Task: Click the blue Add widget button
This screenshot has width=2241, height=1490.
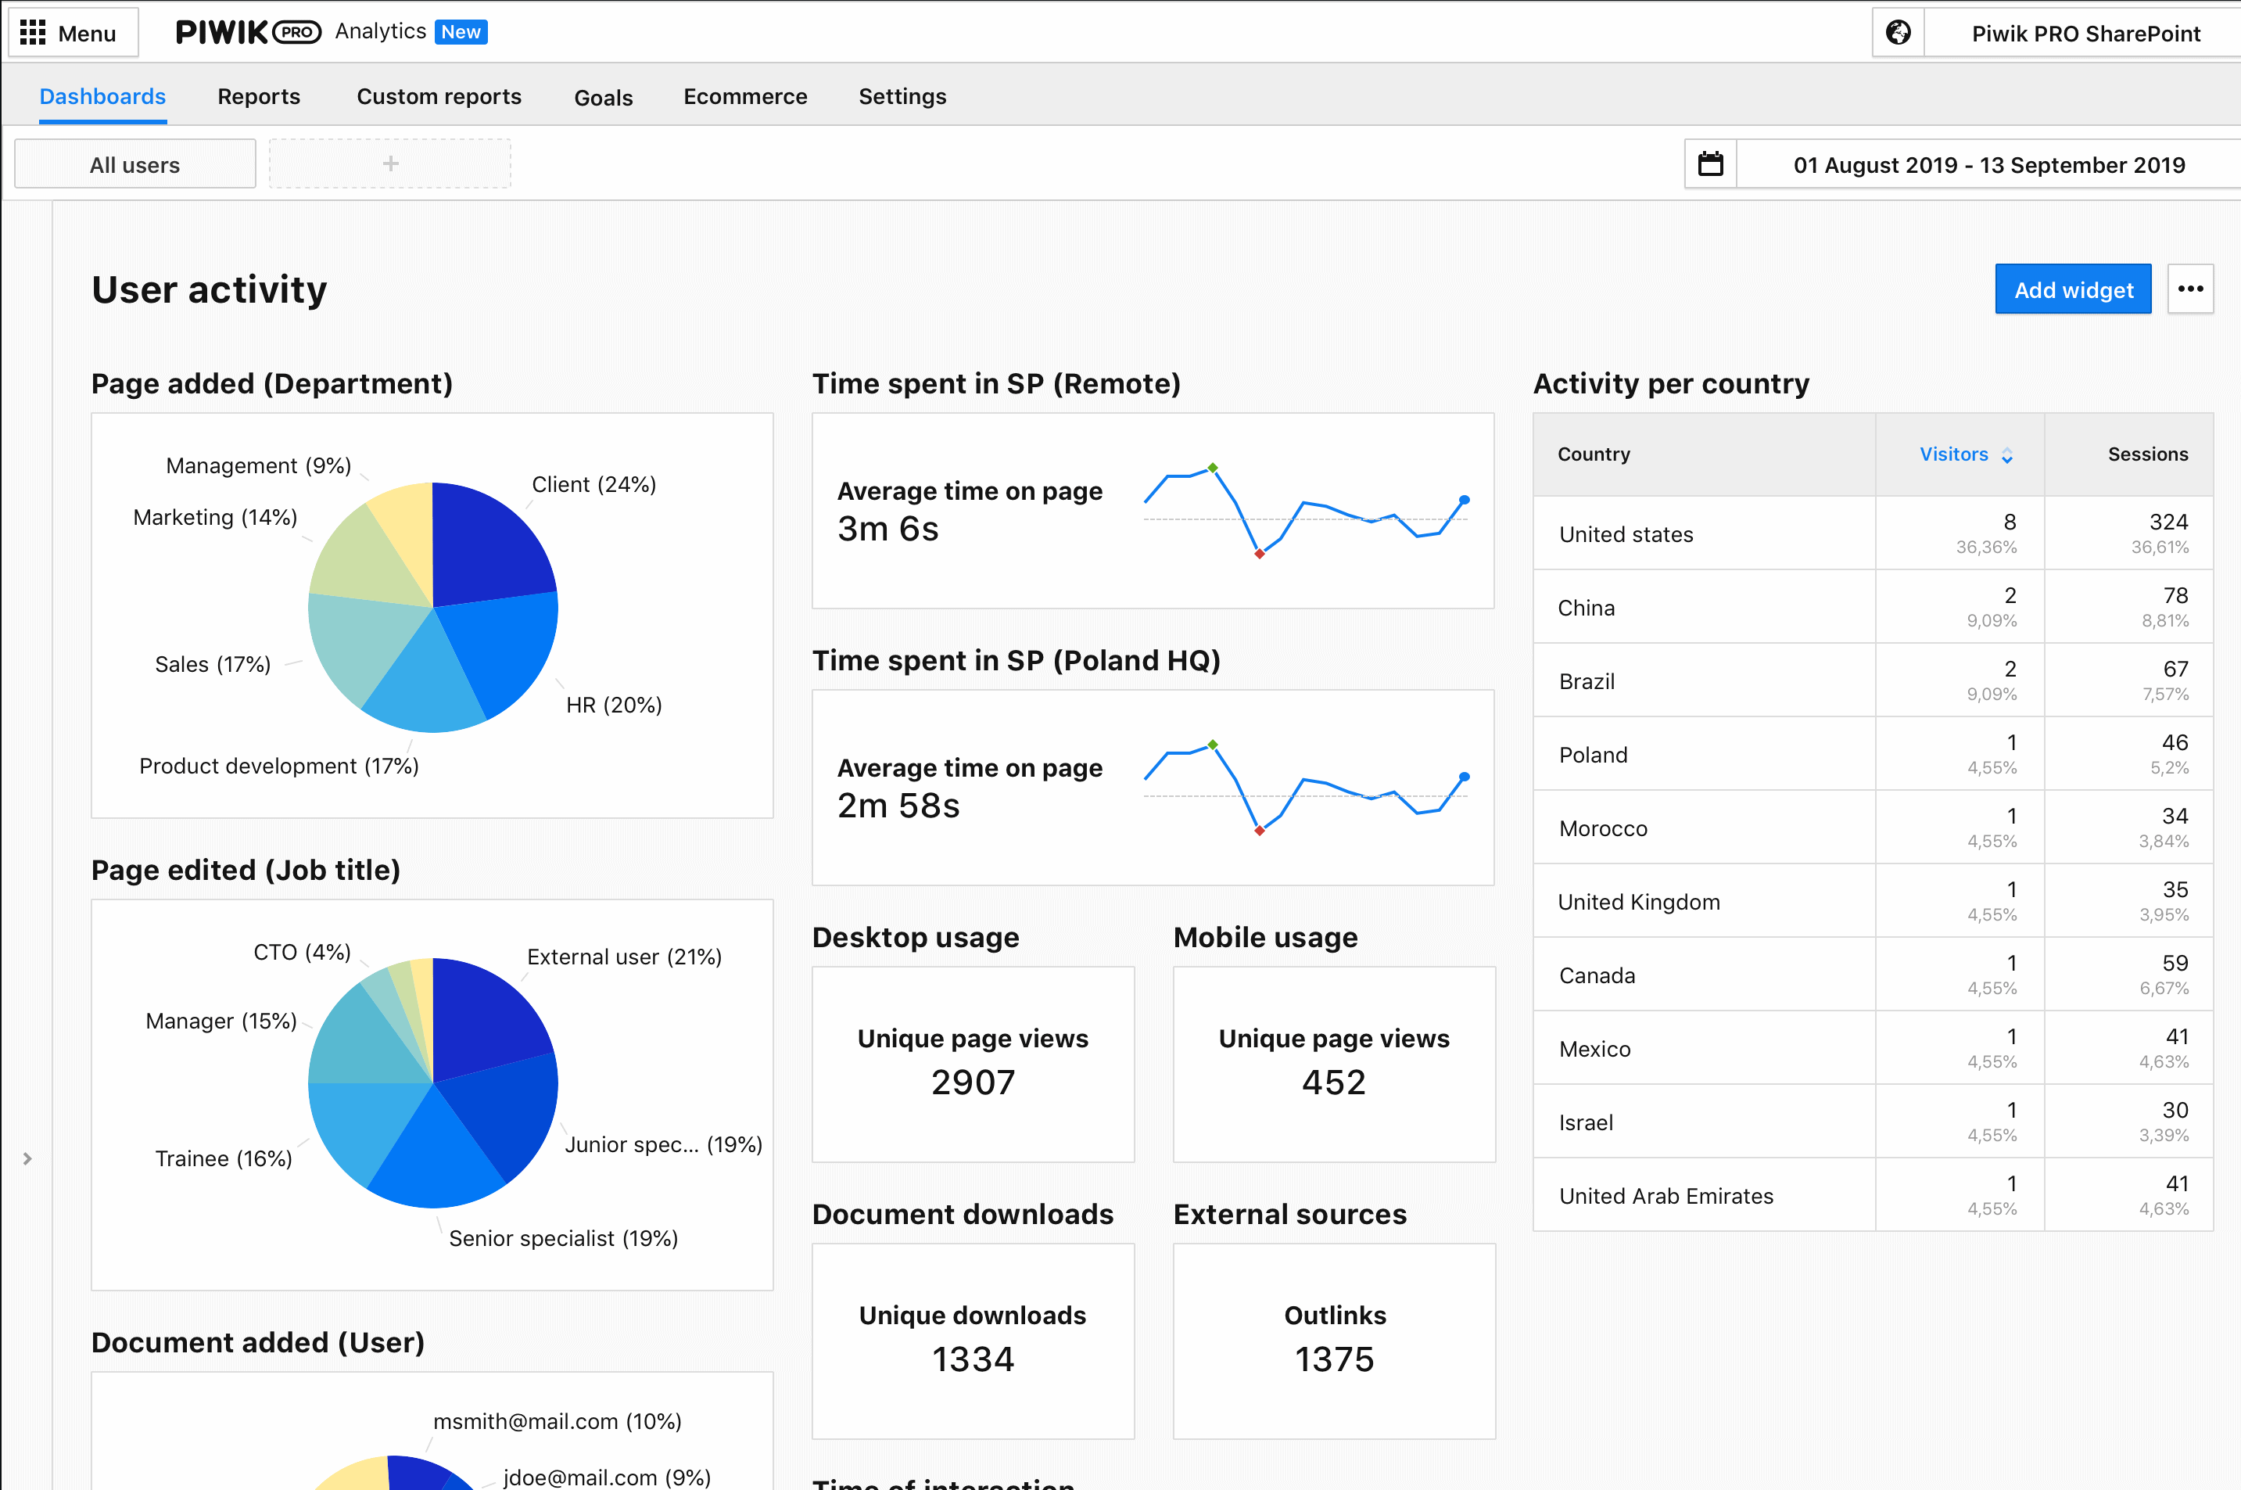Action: pyautogui.click(x=2072, y=290)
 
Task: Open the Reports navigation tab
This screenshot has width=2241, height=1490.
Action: pyautogui.click(x=258, y=97)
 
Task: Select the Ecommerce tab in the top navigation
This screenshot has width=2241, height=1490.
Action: pyautogui.click(x=744, y=97)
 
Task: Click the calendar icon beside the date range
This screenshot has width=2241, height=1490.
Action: pyautogui.click(x=1710, y=164)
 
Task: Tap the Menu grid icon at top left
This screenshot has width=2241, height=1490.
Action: pyautogui.click(x=34, y=34)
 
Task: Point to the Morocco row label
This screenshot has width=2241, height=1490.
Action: pyautogui.click(x=1603, y=828)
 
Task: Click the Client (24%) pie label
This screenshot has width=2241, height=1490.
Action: pyautogui.click(x=593, y=485)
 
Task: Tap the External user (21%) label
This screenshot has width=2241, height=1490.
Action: pyautogui.click(x=624, y=957)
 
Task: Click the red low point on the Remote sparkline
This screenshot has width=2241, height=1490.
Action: pyautogui.click(x=1260, y=554)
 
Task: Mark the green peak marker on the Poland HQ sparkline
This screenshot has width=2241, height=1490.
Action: pyautogui.click(x=1213, y=745)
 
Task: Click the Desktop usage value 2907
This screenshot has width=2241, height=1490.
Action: pyautogui.click(x=973, y=1082)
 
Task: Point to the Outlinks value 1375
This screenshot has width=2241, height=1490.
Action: pyautogui.click(x=1334, y=1360)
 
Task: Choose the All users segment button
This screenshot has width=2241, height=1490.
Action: pyautogui.click(x=135, y=164)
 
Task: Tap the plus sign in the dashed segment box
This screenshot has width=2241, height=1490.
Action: pyautogui.click(x=390, y=164)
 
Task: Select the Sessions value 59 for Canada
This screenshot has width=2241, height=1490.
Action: pyautogui.click(x=2175, y=964)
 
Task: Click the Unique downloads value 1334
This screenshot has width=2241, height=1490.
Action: pyautogui.click(x=973, y=1360)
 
